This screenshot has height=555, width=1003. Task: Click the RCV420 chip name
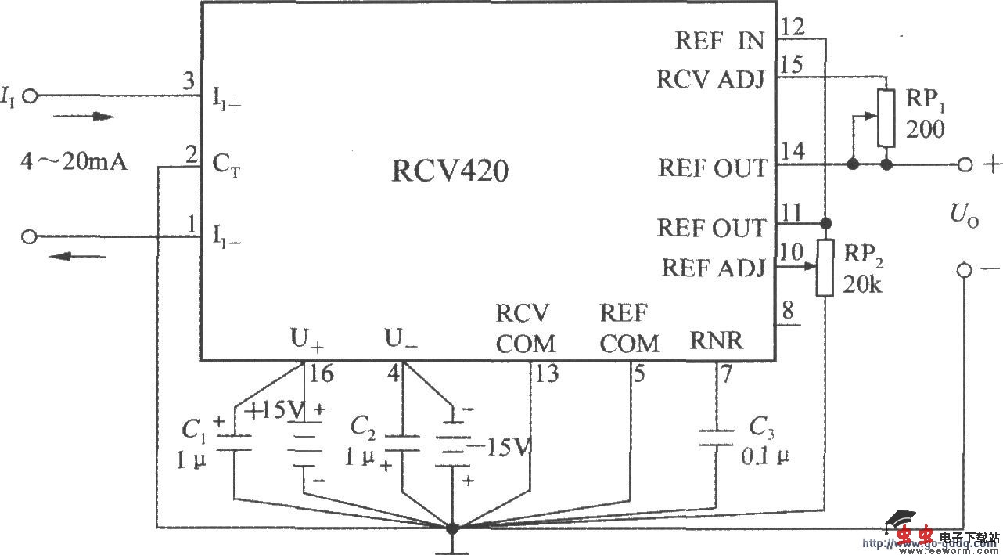click(449, 171)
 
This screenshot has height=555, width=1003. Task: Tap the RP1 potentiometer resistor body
click(886, 118)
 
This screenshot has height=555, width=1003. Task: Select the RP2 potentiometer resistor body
click(825, 268)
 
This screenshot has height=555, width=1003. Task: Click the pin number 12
click(791, 27)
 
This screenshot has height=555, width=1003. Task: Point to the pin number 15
click(791, 64)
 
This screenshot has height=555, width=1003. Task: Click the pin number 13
click(546, 375)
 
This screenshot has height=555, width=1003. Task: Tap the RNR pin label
click(716, 341)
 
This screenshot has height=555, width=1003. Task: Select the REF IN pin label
click(719, 41)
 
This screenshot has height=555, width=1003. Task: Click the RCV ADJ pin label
click(710, 80)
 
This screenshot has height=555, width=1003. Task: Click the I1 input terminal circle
click(31, 96)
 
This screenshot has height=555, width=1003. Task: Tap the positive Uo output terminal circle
click(965, 164)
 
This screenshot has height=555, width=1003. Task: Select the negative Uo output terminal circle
click(965, 270)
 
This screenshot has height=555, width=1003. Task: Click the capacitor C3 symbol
click(717, 437)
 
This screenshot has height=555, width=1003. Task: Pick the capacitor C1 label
click(193, 429)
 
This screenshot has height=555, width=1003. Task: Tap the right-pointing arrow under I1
click(84, 117)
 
